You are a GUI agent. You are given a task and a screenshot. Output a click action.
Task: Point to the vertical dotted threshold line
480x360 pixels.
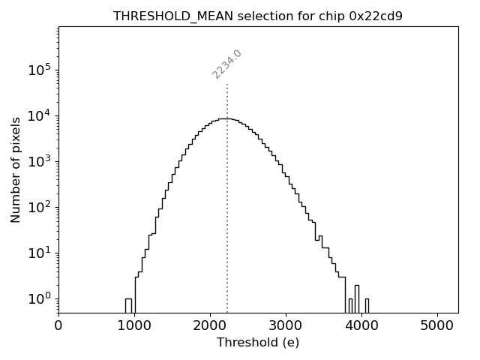(x=227, y=225)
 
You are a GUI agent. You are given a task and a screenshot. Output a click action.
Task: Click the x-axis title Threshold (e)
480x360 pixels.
(x=258, y=343)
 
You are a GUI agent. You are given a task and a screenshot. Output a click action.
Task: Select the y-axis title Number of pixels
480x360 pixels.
(x=16, y=169)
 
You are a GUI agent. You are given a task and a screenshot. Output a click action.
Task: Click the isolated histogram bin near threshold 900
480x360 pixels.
(x=128, y=305)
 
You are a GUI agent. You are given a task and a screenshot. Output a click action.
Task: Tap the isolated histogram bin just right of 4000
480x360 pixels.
(x=367, y=305)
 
